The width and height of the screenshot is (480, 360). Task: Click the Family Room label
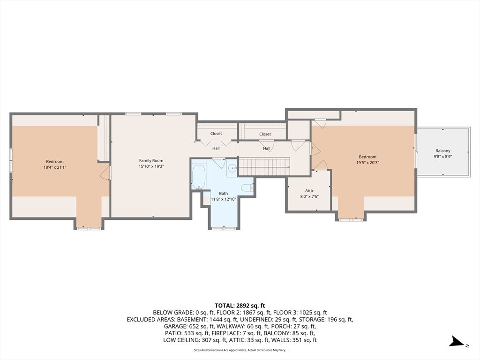point(151,160)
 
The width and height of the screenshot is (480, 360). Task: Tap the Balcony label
point(442,150)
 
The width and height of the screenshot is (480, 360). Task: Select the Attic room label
point(309,191)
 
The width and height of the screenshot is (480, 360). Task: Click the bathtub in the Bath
point(198,177)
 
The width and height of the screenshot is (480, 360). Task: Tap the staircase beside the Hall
point(264,166)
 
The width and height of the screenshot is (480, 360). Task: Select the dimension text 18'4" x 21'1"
point(55,167)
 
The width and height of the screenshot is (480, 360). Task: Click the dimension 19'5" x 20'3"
point(367,163)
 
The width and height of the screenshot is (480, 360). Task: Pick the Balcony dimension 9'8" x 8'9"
point(442,156)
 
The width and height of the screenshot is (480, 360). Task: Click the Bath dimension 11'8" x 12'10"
point(224,199)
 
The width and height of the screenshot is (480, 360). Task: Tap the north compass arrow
point(457,341)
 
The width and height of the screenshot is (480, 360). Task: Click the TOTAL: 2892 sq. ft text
point(240,306)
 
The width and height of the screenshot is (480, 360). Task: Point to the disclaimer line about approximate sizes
point(240,350)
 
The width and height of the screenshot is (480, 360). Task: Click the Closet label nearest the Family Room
point(216,134)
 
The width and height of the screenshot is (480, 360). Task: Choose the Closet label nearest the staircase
point(265,134)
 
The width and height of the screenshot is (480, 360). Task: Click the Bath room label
point(224,194)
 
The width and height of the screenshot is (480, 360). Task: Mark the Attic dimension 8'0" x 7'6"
point(309,196)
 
